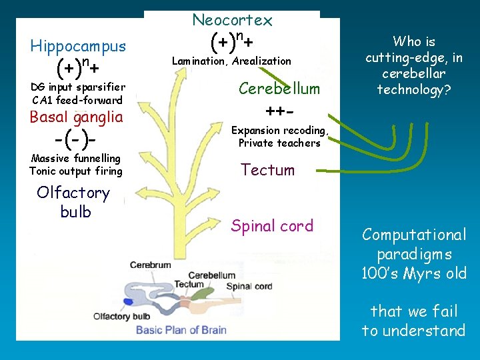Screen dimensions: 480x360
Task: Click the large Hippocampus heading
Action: pyautogui.click(x=78, y=46)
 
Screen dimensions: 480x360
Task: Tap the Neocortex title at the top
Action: pyautogui.click(x=232, y=21)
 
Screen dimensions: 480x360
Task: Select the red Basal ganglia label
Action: pyautogui.click(x=77, y=117)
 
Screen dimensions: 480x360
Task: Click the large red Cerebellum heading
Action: pyautogui.click(x=279, y=89)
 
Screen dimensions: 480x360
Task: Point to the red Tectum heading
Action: pyautogui.click(x=267, y=170)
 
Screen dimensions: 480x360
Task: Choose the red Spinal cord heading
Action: pyautogui.click(x=272, y=226)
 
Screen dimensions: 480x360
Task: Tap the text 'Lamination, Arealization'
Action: pyautogui.click(x=231, y=61)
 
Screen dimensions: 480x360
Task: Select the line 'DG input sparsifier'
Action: pyautogui.click(x=77, y=88)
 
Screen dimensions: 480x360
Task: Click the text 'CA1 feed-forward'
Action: pyautogui.click(x=77, y=101)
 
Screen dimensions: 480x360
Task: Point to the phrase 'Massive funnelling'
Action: pyautogui.click(x=76, y=159)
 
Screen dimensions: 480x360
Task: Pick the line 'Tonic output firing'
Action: pyautogui.click(x=76, y=171)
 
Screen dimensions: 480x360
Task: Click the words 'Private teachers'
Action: pyautogui.click(x=279, y=143)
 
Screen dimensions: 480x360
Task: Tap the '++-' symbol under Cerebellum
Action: pyautogui.click(x=280, y=110)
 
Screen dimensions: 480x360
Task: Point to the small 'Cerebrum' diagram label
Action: pyautogui.click(x=151, y=265)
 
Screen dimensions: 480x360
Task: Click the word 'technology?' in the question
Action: pyautogui.click(x=413, y=90)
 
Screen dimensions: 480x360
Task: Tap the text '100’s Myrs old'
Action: pyautogui.click(x=413, y=273)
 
